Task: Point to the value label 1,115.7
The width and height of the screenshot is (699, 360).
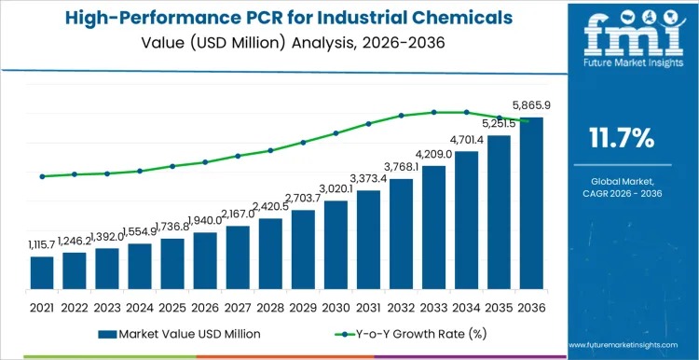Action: tap(42, 244)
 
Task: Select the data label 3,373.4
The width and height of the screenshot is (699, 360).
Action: tap(369, 179)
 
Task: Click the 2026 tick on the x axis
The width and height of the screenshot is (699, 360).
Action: tap(205, 306)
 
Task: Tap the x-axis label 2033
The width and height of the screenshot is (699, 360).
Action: tap(433, 306)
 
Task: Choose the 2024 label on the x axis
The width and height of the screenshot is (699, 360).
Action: tap(140, 306)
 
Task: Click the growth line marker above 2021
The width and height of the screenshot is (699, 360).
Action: tap(42, 176)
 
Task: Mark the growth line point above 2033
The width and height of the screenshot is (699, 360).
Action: tap(433, 112)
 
